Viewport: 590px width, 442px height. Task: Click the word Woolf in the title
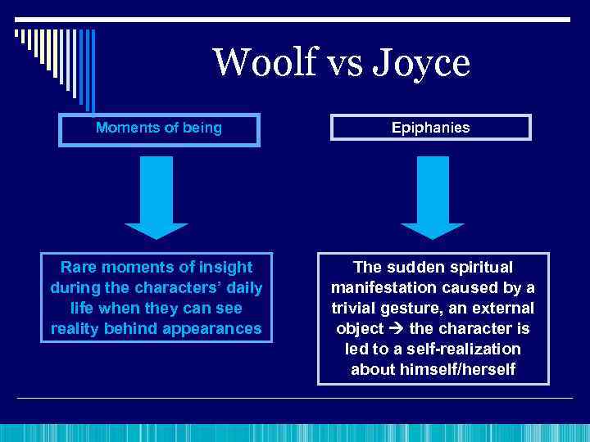pyautogui.click(x=258, y=63)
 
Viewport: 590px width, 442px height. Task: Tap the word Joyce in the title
pyautogui.click(x=422, y=63)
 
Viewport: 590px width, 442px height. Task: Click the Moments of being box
pyautogui.click(x=158, y=128)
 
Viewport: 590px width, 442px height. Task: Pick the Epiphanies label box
pyautogui.click(x=430, y=128)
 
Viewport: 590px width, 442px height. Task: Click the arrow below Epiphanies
pyautogui.click(x=432, y=196)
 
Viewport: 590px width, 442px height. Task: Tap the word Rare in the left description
pyautogui.click(x=80, y=268)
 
